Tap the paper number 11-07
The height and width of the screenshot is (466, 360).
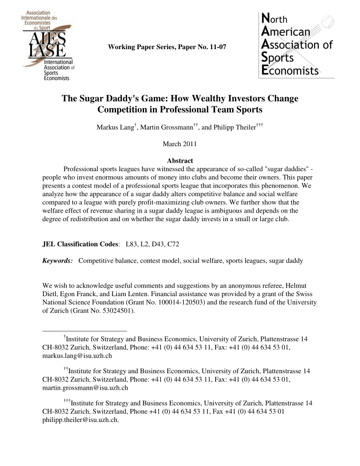[217, 47]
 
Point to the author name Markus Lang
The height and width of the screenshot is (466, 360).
[114, 128]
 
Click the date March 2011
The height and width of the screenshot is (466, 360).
[180, 144]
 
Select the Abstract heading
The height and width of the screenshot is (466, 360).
[180, 161]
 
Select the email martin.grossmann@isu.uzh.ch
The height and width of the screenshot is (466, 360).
[86, 388]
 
